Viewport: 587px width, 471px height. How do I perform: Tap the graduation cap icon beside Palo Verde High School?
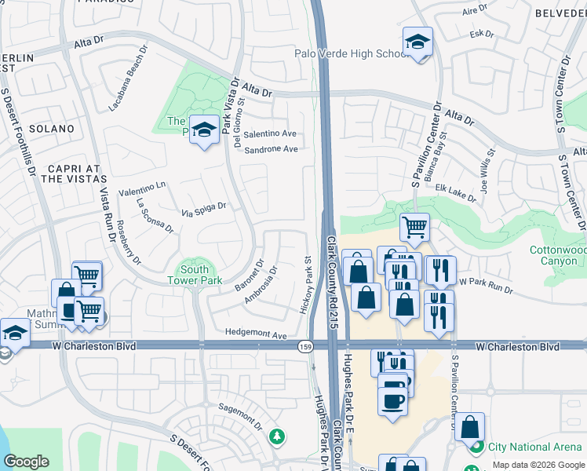click(x=417, y=42)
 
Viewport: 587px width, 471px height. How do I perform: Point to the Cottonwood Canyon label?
click(x=558, y=255)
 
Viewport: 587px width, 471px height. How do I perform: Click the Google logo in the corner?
click(x=26, y=462)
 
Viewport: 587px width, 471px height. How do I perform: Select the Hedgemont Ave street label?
click(x=256, y=334)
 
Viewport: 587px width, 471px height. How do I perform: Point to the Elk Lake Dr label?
click(x=456, y=193)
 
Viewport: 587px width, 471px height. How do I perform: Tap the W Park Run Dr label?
click(x=485, y=285)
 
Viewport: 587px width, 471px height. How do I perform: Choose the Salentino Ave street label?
click(x=270, y=134)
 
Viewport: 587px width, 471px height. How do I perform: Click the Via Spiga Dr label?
click(x=203, y=210)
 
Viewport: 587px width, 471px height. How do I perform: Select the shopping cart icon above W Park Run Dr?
click(x=414, y=228)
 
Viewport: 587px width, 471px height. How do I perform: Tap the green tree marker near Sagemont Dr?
click(x=275, y=436)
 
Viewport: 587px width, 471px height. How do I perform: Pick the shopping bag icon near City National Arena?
click(x=469, y=428)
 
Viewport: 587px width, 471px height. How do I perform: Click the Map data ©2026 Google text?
click(x=538, y=465)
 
